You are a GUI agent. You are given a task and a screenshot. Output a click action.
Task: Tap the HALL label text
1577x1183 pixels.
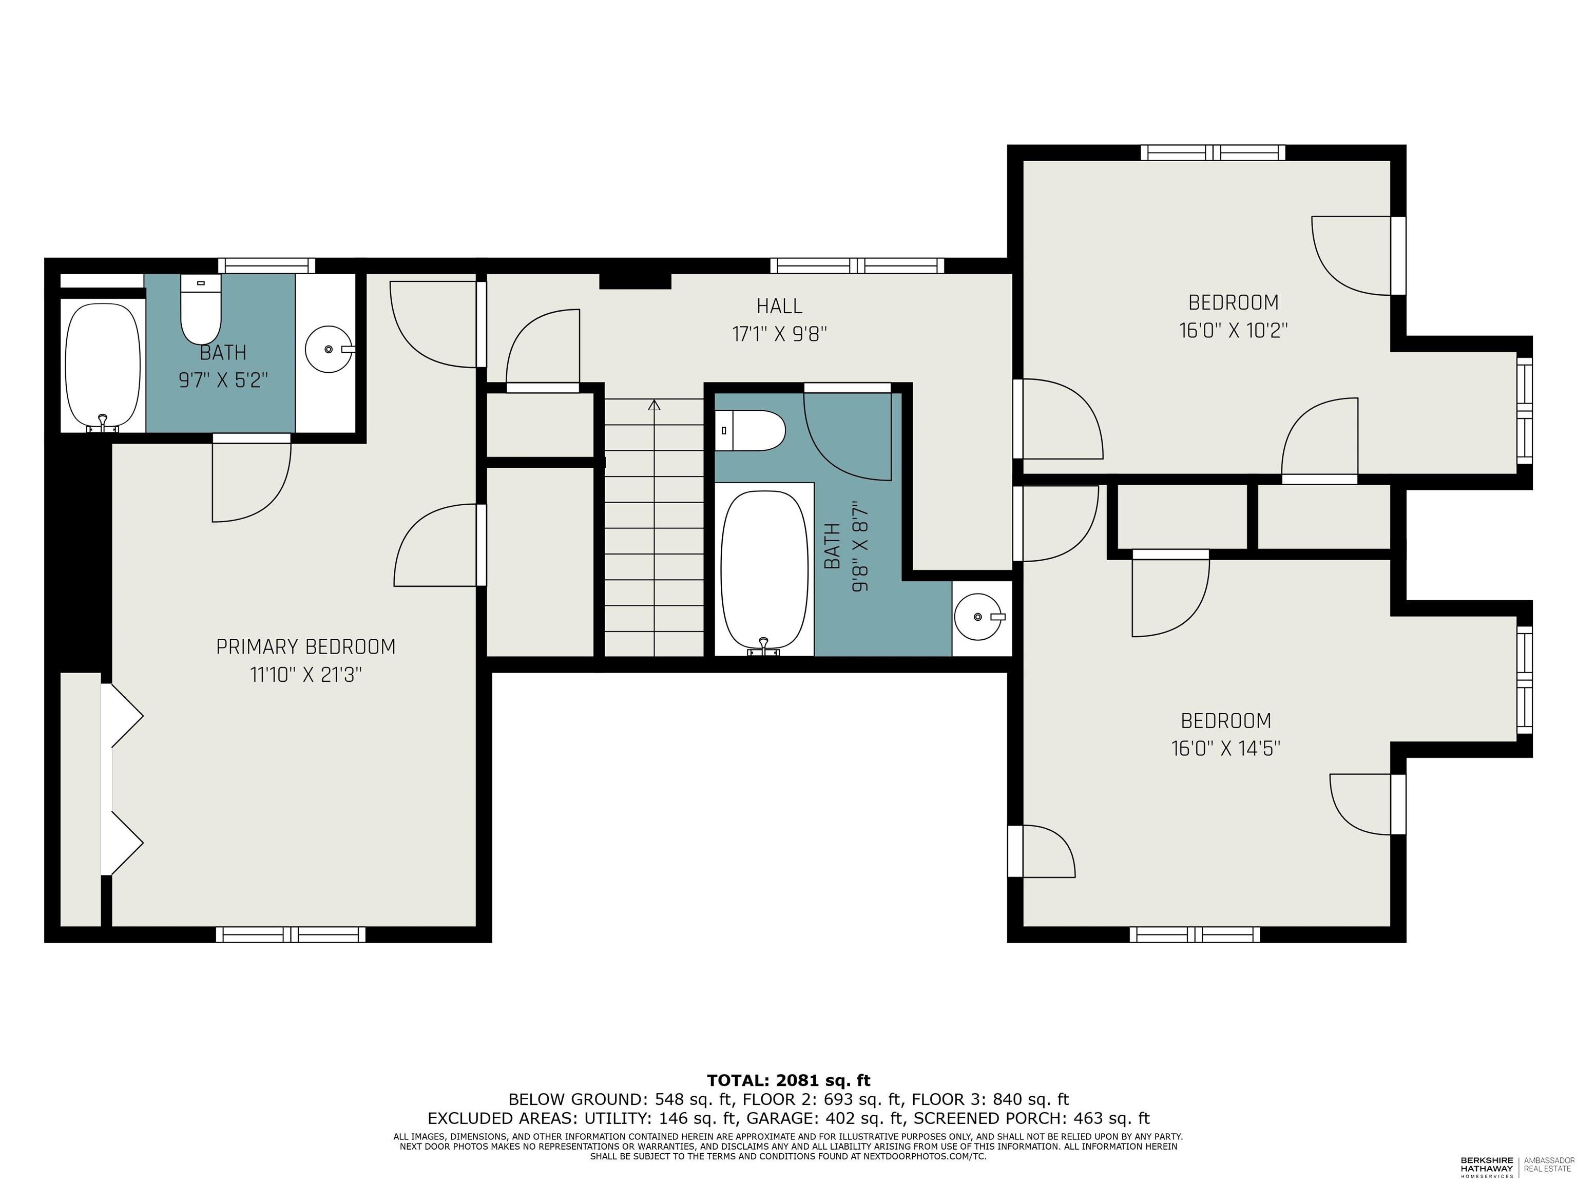[779, 307]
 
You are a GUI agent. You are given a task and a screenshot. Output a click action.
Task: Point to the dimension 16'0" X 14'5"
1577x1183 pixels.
[1225, 748]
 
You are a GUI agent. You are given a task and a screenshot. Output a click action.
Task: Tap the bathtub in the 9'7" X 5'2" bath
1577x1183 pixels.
[103, 366]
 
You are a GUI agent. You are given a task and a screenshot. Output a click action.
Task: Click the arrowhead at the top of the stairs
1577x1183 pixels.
[654, 405]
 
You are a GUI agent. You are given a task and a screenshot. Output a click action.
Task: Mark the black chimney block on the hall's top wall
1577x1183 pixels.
[634, 281]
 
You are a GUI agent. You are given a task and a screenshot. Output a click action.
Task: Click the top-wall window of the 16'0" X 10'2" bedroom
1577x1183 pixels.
[1213, 152]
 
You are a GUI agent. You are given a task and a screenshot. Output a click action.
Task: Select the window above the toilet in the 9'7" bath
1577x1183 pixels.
[266, 265]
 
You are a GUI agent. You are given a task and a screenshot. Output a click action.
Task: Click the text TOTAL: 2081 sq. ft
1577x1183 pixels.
[788, 1080]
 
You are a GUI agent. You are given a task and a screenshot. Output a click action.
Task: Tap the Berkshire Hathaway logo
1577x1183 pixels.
[1487, 1167]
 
